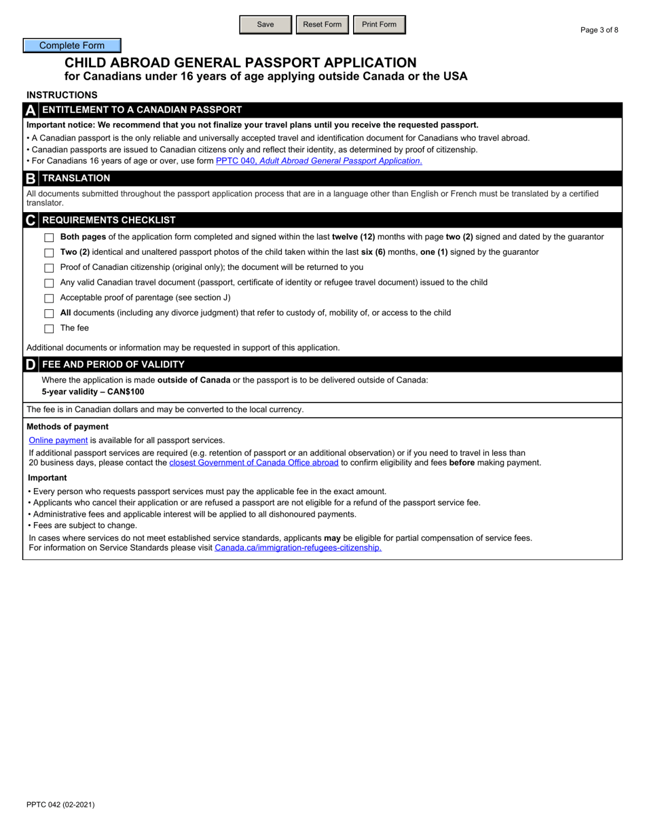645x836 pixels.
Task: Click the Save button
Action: (x=265, y=24)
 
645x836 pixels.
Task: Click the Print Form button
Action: (x=379, y=24)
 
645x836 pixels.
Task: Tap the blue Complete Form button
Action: (x=72, y=46)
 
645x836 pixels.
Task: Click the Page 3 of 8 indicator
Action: (x=600, y=30)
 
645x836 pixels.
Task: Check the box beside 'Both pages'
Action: (x=49, y=238)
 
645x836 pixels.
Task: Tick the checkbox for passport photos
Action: (x=49, y=253)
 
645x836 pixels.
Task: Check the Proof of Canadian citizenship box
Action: (x=49, y=268)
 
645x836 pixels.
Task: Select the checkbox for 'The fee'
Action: (x=49, y=329)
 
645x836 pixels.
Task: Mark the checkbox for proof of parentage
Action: (x=49, y=298)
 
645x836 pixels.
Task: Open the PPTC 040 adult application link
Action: (x=318, y=161)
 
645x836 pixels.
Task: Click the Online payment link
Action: (x=58, y=440)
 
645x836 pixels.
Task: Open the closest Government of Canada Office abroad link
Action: (x=253, y=463)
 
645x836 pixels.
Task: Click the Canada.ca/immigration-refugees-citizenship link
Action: (x=298, y=548)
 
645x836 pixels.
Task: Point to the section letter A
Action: (x=31, y=110)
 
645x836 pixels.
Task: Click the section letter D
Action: (x=31, y=364)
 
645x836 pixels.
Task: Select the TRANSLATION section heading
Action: (x=76, y=178)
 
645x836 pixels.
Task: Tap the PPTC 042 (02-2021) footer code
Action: (x=60, y=805)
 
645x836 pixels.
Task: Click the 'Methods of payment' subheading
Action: (x=67, y=427)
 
